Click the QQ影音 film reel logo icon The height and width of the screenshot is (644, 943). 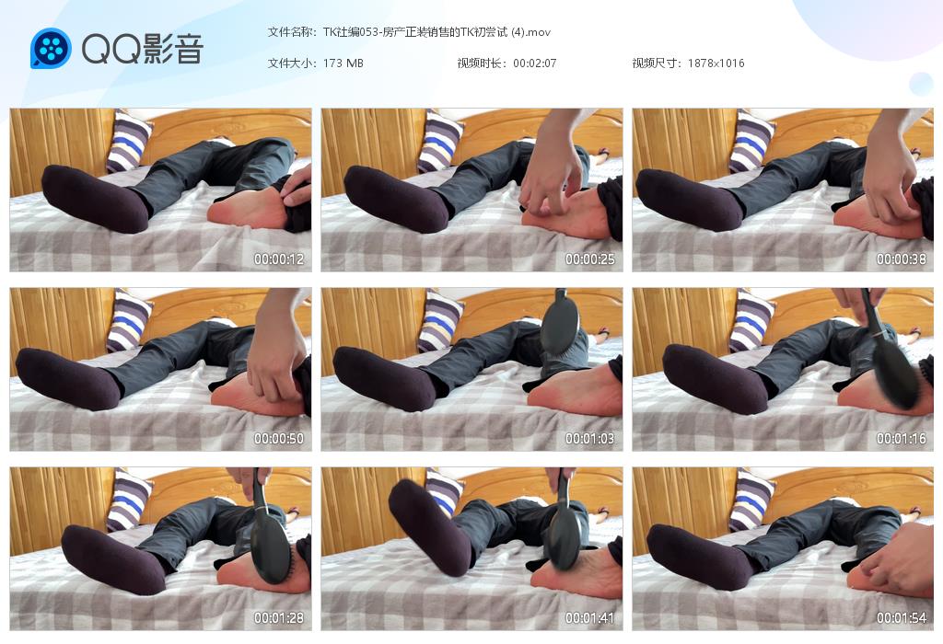(52, 49)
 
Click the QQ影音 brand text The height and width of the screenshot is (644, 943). (143, 49)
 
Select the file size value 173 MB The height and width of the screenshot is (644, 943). (343, 63)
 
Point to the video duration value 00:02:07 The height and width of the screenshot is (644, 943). (534, 63)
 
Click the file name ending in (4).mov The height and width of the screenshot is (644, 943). (437, 32)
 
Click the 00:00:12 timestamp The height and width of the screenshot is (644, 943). (278, 259)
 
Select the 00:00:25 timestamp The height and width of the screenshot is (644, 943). (589, 259)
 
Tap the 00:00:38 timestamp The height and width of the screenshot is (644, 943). (901, 259)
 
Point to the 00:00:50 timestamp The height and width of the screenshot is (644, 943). (278, 439)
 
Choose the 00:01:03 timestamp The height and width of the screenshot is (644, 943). (589, 439)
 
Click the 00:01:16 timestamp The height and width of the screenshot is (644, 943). (901, 439)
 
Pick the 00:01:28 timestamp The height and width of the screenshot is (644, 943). (278, 617)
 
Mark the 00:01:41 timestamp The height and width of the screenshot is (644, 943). (589, 617)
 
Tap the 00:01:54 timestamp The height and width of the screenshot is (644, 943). (901, 617)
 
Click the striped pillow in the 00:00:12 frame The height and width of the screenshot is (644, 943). (128, 142)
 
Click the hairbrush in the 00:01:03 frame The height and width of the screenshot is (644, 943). (559, 323)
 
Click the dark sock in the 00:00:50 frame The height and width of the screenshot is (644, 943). (68, 379)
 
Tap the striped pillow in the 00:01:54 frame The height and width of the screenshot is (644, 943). (751, 500)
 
